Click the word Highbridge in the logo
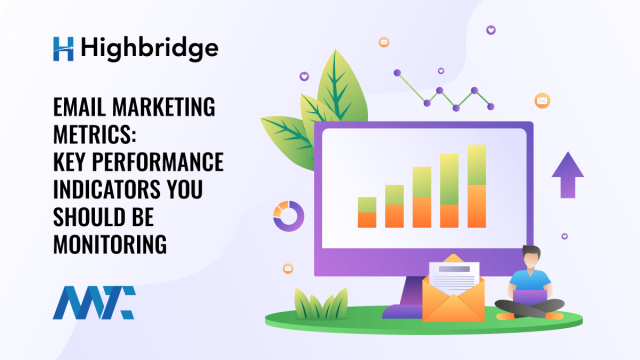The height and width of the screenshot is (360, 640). coord(152,47)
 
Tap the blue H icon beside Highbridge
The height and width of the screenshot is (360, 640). coord(63,47)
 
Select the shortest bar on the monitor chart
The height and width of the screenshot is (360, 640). coord(367,212)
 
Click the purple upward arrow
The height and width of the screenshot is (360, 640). coord(568,173)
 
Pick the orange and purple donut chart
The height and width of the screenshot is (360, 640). coord(288,213)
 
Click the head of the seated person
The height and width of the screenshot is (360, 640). coord(531,257)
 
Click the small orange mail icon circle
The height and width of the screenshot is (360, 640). coord(542,100)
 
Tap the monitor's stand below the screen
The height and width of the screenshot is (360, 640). coord(411,294)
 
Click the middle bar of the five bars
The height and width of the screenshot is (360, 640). coord(422,197)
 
